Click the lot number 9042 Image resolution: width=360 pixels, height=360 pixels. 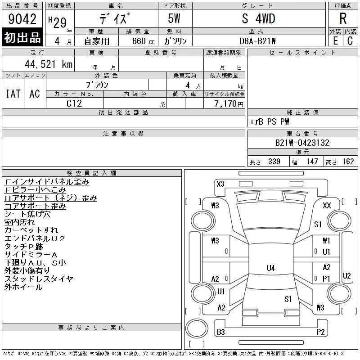click(x=22, y=19)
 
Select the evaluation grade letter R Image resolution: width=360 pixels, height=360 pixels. click(x=343, y=18)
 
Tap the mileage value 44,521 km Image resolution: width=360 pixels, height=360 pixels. click(x=49, y=64)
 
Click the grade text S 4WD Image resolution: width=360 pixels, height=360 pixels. click(x=258, y=18)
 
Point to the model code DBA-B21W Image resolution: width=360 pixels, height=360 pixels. click(x=257, y=41)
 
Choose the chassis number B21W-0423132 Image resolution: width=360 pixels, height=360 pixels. click(x=302, y=143)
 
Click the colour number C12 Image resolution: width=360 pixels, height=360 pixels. click(x=74, y=103)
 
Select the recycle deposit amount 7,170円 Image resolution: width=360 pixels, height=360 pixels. click(x=229, y=104)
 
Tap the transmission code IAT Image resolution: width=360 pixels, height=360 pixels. click(x=13, y=94)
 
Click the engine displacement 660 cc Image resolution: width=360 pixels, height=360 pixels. click(x=143, y=41)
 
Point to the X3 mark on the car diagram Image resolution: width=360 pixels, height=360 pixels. click(x=220, y=184)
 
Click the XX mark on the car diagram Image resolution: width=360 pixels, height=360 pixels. click(x=327, y=205)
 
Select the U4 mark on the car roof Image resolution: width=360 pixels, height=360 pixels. click(x=271, y=268)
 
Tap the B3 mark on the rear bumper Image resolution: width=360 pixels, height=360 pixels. click(x=220, y=332)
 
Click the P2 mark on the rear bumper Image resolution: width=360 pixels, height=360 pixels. click(x=320, y=332)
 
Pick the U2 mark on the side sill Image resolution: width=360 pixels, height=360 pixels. click(x=346, y=275)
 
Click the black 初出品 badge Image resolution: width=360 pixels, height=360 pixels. click(x=22, y=37)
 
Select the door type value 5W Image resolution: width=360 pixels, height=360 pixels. click(x=174, y=18)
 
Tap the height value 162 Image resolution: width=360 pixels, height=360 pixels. click(x=348, y=162)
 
